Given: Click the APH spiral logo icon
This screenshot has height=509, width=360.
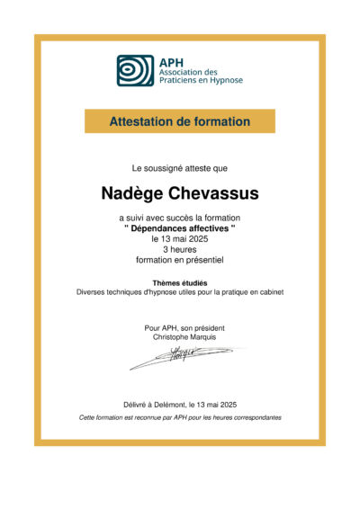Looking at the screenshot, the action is click(x=135, y=70).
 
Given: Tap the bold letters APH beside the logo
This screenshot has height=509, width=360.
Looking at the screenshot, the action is click(x=170, y=60).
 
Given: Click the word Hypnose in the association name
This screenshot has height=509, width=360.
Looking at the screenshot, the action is click(x=224, y=81).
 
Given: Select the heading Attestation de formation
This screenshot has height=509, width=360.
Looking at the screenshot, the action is click(x=180, y=121).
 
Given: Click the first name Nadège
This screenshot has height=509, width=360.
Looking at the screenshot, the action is click(x=137, y=193).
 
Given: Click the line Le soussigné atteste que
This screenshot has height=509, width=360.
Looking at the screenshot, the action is click(x=180, y=168).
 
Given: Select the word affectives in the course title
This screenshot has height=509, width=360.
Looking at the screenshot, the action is click(x=208, y=228).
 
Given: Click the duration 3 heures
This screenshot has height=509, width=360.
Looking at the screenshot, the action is click(x=180, y=249).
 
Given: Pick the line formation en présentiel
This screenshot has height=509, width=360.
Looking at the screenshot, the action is click(x=180, y=260).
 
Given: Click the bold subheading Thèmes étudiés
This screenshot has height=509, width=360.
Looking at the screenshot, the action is click(x=180, y=282).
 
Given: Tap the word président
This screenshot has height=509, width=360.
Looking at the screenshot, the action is click(x=206, y=327).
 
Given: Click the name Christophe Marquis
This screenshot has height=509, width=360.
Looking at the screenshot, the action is click(x=180, y=337).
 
